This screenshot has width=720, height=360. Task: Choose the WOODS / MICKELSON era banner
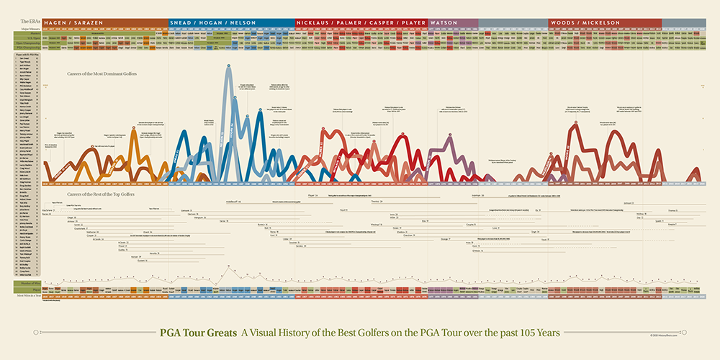(585, 23)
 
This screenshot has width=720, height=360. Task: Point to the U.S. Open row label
(27, 38)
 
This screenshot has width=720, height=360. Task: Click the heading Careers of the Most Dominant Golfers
(102, 73)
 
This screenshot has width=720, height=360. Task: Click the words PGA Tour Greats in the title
(197, 333)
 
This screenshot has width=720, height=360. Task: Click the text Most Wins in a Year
(27, 296)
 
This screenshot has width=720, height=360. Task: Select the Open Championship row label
(27, 43)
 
